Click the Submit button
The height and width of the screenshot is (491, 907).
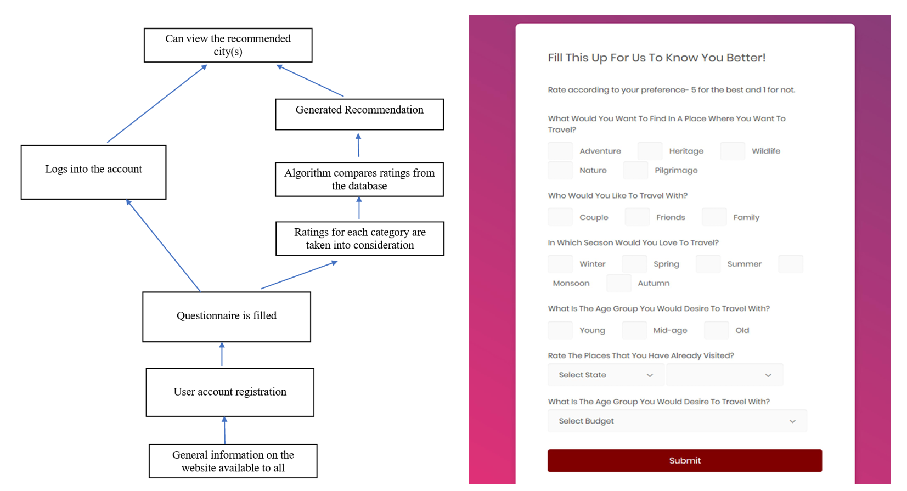click(x=685, y=460)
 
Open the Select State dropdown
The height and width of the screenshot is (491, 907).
click(x=606, y=375)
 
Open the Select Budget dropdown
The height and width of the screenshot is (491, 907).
click(x=677, y=421)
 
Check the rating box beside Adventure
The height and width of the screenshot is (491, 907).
click(x=560, y=151)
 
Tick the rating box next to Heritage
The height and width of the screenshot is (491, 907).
click(x=650, y=151)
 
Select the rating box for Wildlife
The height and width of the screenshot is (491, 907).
click(x=733, y=151)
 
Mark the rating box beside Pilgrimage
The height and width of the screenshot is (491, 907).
click(x=636, y=171)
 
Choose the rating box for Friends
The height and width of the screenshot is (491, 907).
click(x=638, y=217)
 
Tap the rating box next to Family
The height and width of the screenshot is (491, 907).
click(x=714, y=217)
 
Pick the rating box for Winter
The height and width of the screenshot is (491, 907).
click(x=560, y=264)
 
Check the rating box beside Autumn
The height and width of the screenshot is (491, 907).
click(x=619, y=283)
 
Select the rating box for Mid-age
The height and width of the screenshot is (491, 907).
click(x=634, y=330)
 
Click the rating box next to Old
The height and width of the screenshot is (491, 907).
click(x=717, y=330)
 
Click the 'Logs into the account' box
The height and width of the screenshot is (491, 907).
click(x=93, y=172)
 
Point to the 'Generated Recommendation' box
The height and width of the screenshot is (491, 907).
click(x=359, y=115)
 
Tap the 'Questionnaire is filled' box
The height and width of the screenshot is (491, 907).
click(x=227, y=317)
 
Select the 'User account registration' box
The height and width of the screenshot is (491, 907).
click(x=230, y=392)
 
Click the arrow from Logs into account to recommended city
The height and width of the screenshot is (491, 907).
click(x=157, y=104)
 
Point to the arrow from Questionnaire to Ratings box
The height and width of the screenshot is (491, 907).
click(x=299, y=275)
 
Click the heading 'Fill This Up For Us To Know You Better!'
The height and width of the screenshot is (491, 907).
click(x=657, y=58)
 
